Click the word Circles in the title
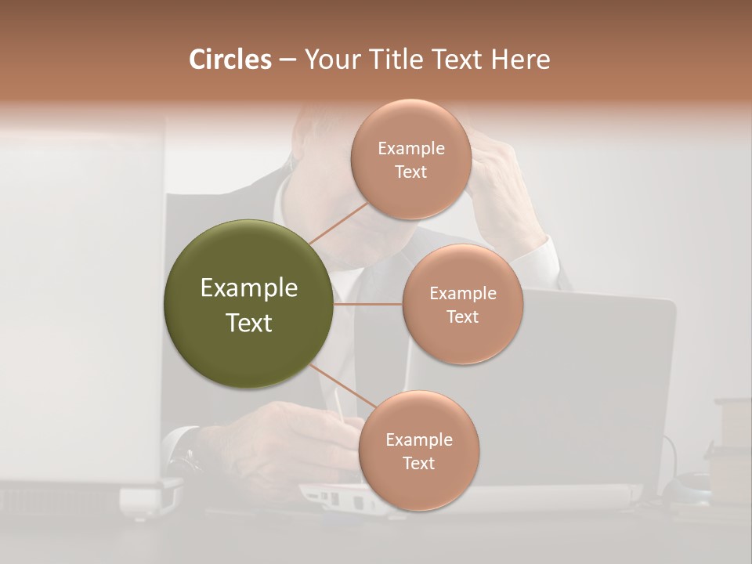point(230,60)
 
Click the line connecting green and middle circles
point(367,304)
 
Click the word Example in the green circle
point(249,288)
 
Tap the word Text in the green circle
point(249,323)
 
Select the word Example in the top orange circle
point(411,149)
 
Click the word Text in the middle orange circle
point(462,317)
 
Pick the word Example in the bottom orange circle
point(418,440)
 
